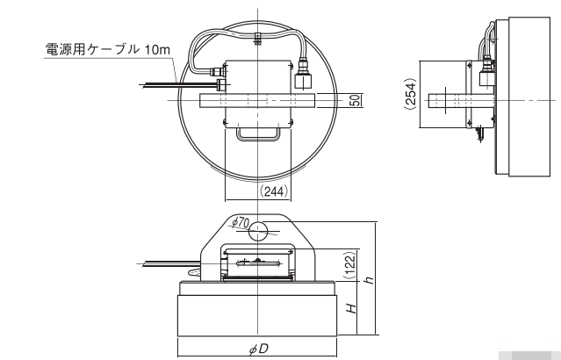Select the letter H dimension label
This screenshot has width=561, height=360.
350,307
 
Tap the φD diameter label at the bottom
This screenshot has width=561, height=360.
258,349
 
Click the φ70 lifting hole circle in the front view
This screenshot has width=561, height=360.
259,231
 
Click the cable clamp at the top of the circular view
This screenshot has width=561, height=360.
256,37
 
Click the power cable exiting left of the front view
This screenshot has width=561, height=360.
167,262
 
